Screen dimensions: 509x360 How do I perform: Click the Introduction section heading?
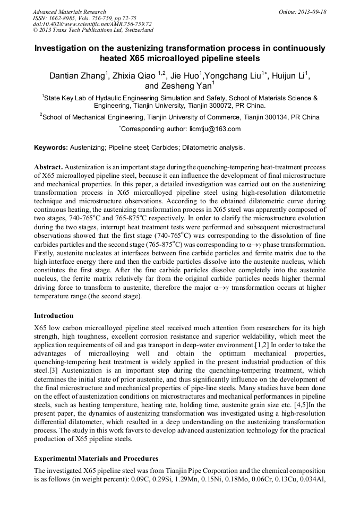tap(54, 316)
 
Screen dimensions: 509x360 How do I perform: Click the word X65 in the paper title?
tap(135, 58)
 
